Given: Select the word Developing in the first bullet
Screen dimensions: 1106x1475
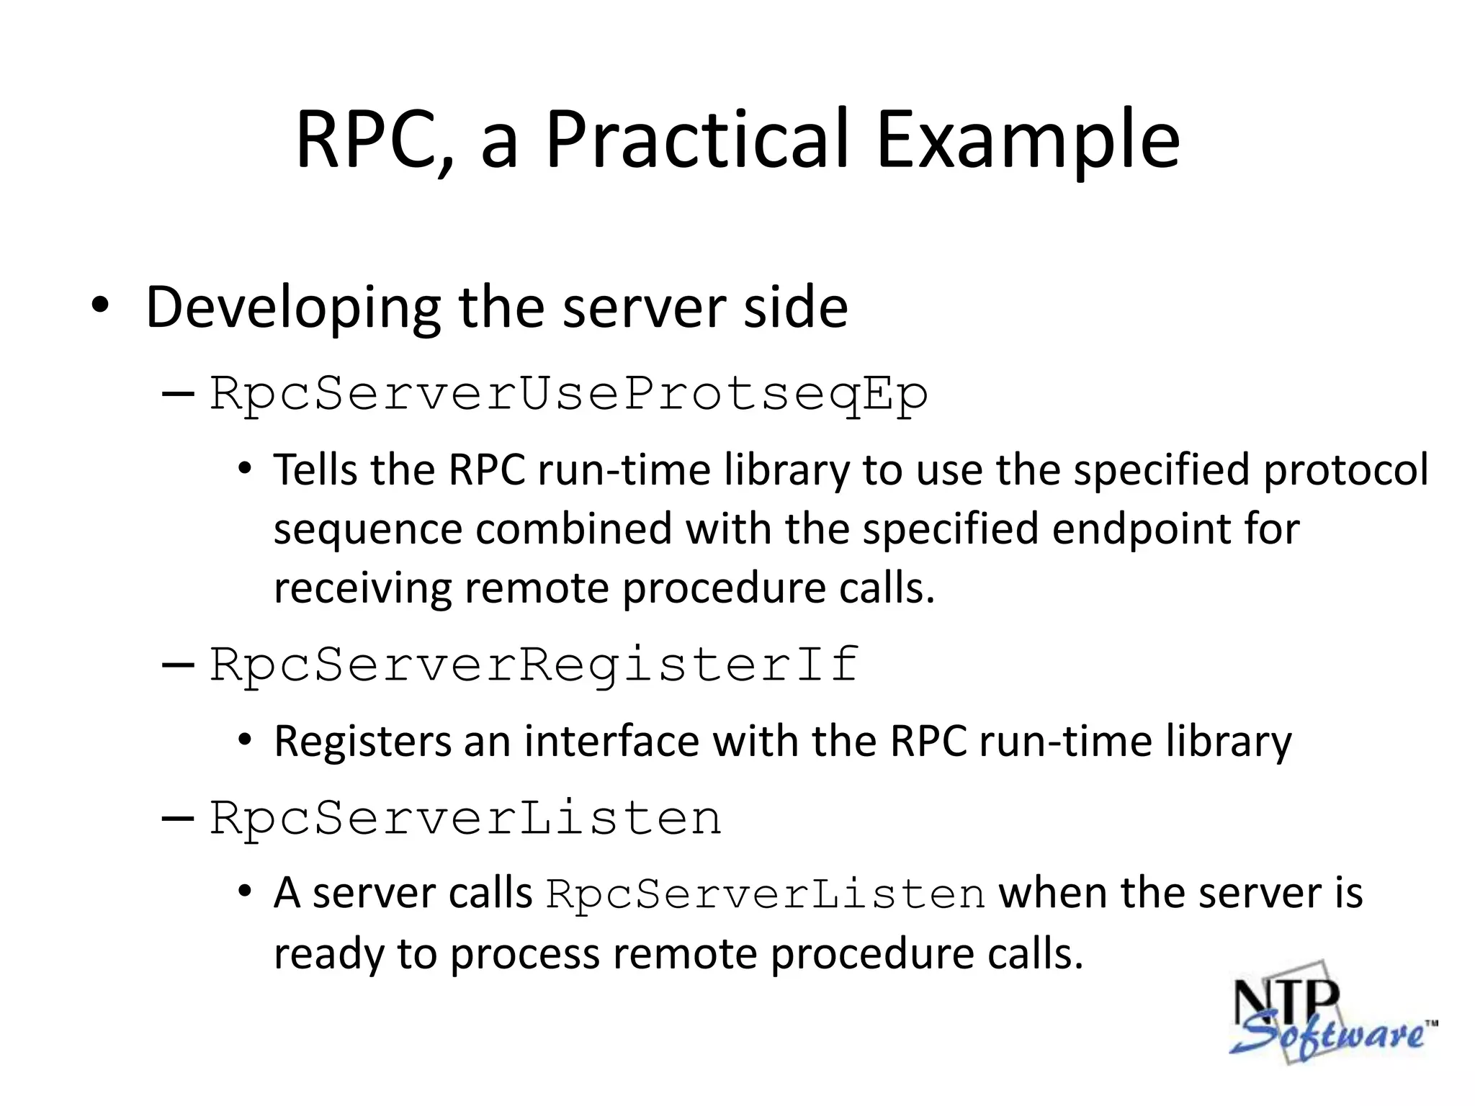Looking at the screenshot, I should click(x=293, y=308).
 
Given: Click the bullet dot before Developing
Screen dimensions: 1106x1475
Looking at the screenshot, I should click(x=100, y=306).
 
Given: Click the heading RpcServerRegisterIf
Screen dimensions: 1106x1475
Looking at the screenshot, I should click(x=534, y=665).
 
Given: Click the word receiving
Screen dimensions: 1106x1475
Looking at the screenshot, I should click(x=362, y=589).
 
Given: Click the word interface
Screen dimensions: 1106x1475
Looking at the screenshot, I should click(x=611, y=742).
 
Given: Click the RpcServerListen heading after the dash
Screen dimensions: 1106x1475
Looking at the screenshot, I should click(x=465, y=819).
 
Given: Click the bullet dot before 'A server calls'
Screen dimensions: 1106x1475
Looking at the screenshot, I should click(x=245, y=892).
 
